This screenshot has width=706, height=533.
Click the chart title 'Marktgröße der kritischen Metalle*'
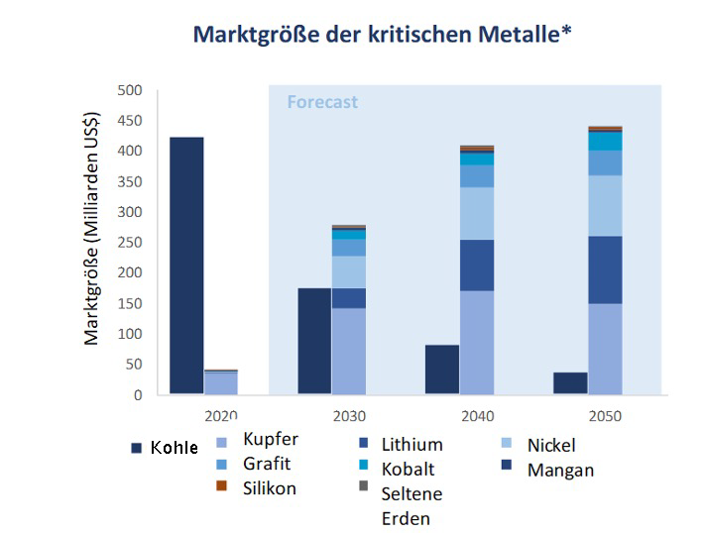[382, 35]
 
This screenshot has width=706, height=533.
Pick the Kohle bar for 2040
[442, 370]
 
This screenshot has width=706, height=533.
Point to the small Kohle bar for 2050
[569, 383]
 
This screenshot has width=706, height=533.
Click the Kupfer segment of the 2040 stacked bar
[477, 342]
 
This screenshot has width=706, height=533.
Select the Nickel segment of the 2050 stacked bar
[605, 205]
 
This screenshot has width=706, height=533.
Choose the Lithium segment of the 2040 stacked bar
[477, 265]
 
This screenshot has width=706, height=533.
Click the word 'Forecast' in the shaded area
[322, 102]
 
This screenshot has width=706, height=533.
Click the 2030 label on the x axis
[349, 416]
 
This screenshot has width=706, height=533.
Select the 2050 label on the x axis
[604, 416]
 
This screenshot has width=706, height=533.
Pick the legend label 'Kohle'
[175, 448]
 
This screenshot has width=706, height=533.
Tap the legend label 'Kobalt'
[408, 469]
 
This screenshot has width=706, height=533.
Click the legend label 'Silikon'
[270, 488]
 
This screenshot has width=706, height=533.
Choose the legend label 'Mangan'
[561, 470]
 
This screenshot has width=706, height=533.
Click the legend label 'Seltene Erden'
[412, 506]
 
